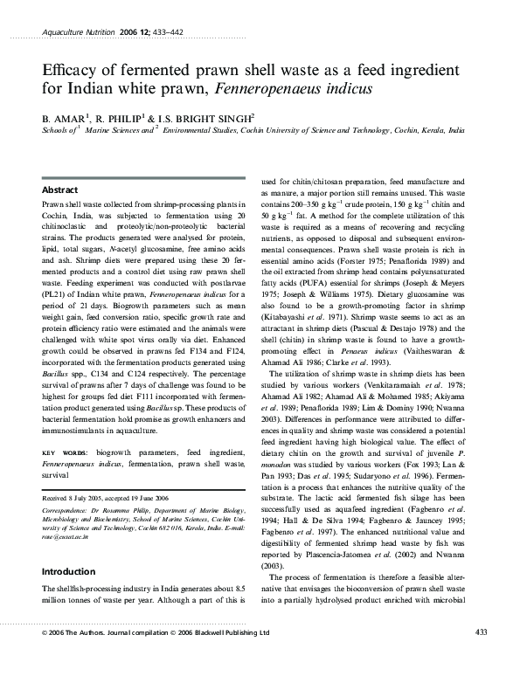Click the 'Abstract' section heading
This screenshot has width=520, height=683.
(60, 190)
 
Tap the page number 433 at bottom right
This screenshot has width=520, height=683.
(479, 632)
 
